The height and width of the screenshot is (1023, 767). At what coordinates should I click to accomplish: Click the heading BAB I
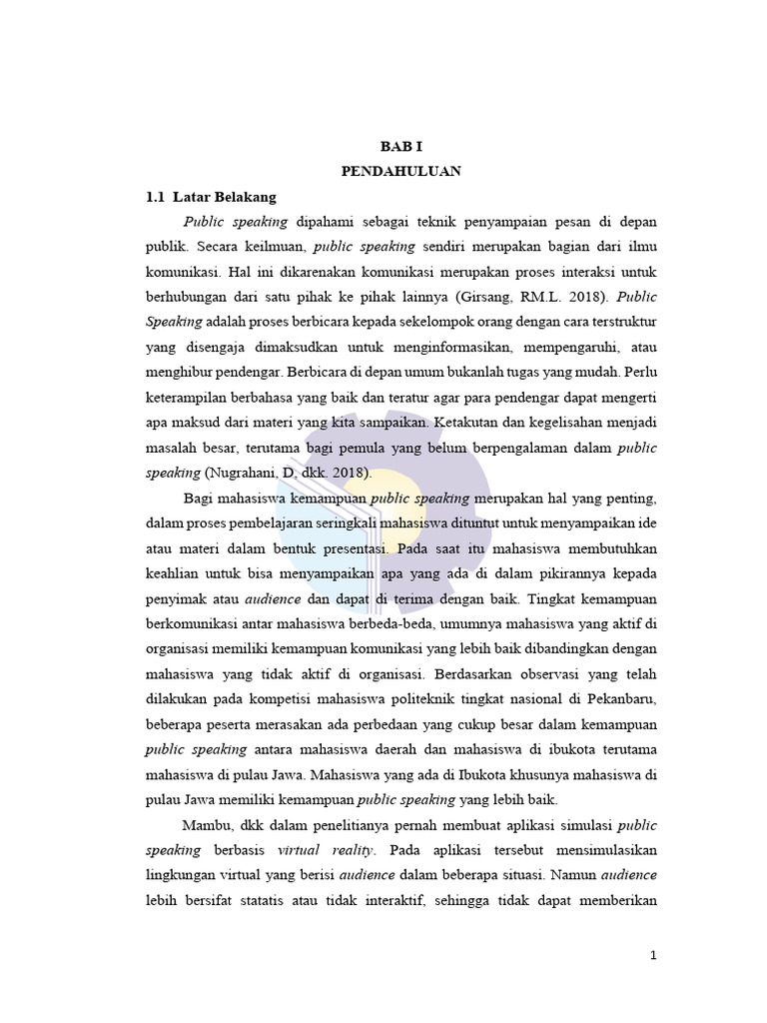pyautogui.click(x=400, y=146)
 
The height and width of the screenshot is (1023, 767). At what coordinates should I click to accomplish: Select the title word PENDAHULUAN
pyautogui.click(x=400, y=171)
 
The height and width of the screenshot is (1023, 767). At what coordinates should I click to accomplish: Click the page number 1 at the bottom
pyautogui.click(x=653, y=955)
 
